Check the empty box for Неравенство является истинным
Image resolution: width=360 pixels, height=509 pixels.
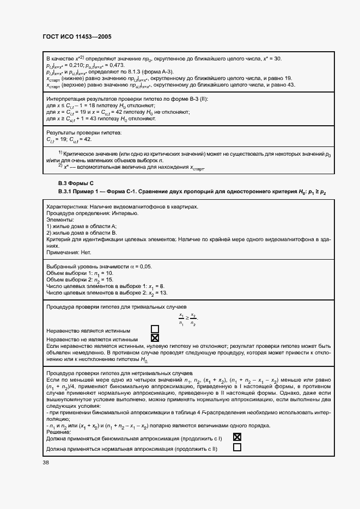pyautogui.click(x=155, y=329)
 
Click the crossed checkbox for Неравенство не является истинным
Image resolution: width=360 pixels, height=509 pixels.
pyautogui.click(x=155, y=339)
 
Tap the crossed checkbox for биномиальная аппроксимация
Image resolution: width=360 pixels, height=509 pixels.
pyautogui.click(x=237, y=437)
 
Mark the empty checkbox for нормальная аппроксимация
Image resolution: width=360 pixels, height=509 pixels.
pyautogui.click(x=237, y=447)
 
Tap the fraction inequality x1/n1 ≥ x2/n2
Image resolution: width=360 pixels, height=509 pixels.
pyautogui.click(x=188, y=320)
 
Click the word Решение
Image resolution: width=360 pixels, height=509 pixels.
pyautogui.click(x=59, y=431)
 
